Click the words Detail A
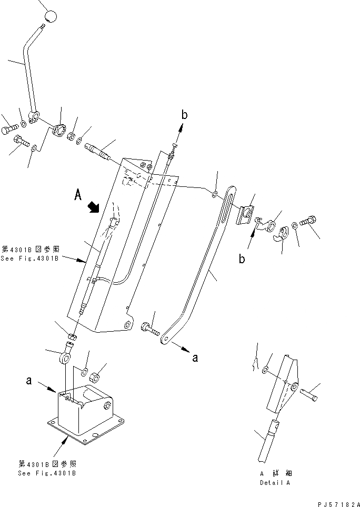pyautogui.click(x=274, y=482)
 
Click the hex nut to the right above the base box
pyautogui.click(x=95, y=377)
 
